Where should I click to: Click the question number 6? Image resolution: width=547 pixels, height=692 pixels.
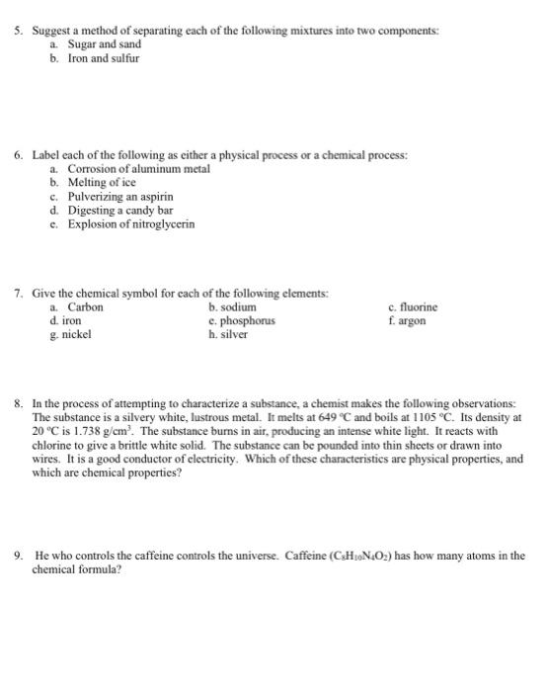[x=18, y=156]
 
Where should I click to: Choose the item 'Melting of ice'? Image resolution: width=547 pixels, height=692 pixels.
[x=102, y=183]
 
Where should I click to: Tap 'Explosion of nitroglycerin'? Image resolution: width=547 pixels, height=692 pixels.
[x=130, y=223]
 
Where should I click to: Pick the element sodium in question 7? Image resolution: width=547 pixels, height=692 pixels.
[x=234, y=307]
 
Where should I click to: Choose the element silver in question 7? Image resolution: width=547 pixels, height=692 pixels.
[x=232, y=335]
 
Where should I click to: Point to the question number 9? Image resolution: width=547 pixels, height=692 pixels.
[x=18, y=556]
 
